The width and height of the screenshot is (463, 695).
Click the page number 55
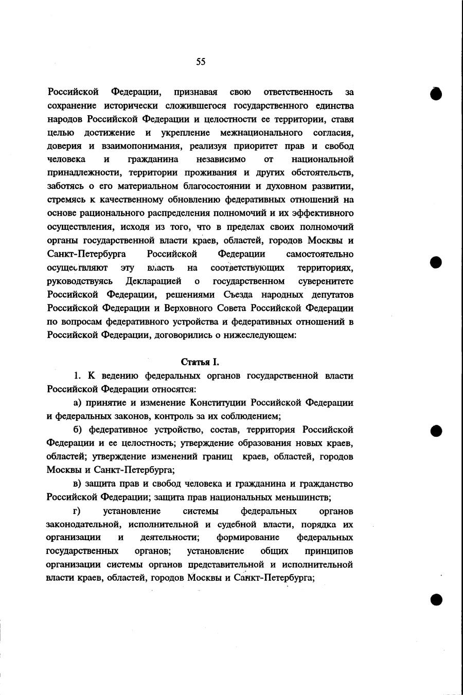click(x=201, y=62)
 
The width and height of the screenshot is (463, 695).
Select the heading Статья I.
click(x=201, y=363)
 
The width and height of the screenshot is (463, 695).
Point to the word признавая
click(x=195, y=93)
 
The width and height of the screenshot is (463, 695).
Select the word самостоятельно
click(x=319, y=254)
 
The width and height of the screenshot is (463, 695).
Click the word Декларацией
click(x=153, y=281)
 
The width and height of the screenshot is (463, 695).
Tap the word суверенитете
click(x=326, y=281)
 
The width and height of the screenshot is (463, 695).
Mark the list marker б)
click(x=78, y=430)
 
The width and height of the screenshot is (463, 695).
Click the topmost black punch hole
click(x=436, y=94)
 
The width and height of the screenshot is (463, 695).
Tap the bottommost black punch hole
click(x=436, y=599)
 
